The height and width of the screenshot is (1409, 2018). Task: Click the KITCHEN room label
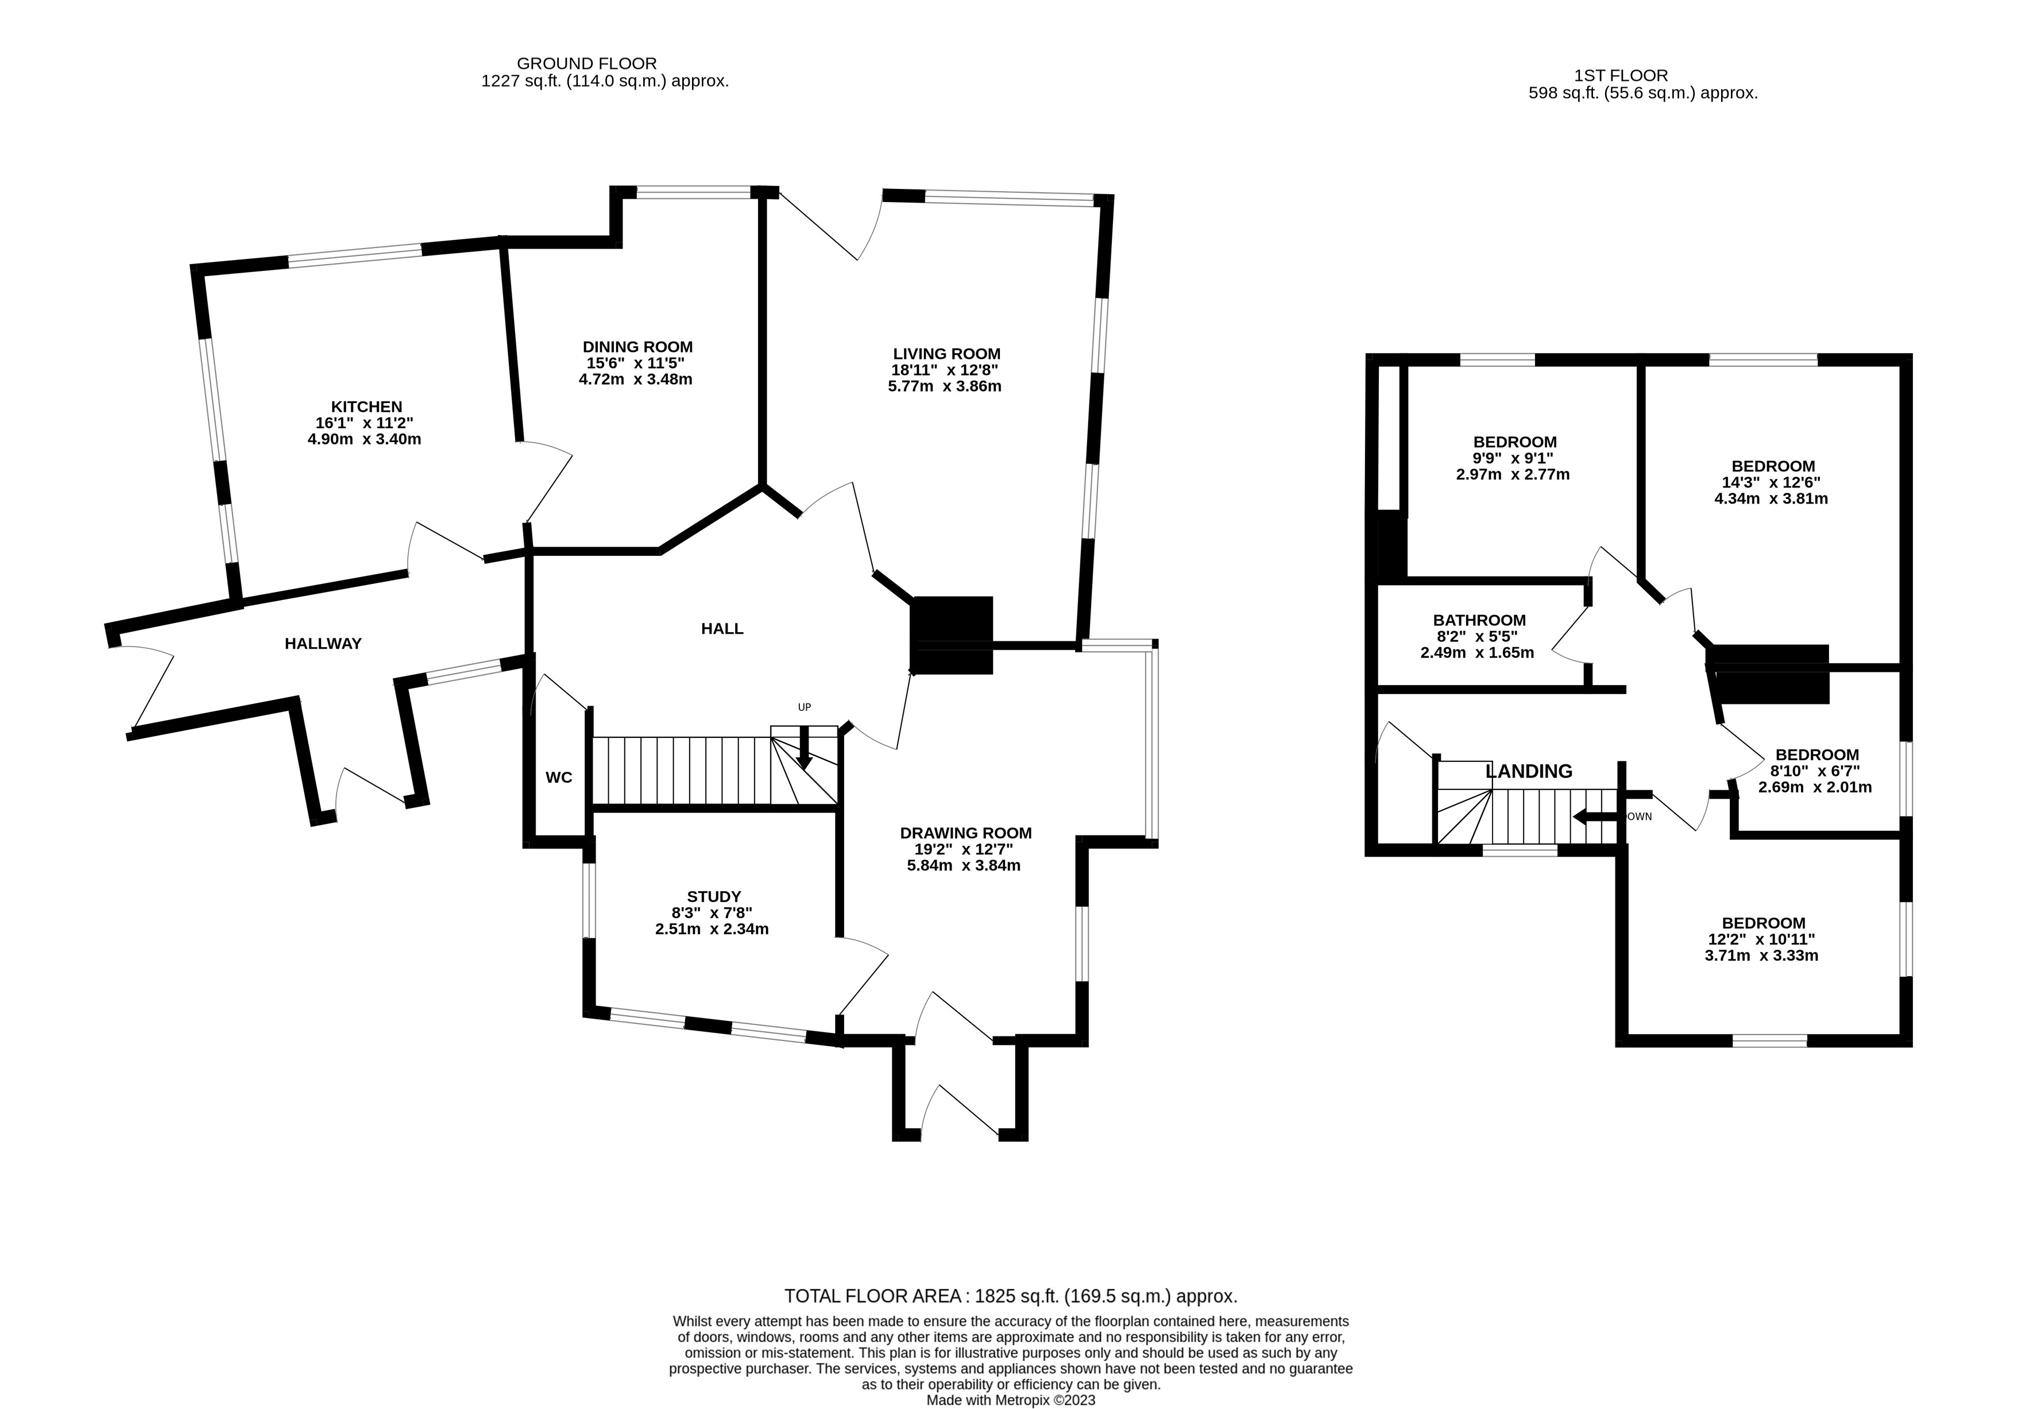pyautogui.click(x=366, y=407)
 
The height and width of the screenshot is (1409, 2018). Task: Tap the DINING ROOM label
pyautogui.click(x=637, y=347)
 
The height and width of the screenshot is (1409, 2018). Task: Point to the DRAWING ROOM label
pyautogui.click(x=966, y=833)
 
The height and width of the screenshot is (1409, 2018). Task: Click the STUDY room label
pyautogui.click(x=714, y=896)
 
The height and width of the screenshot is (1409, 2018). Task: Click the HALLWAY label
pyautogui.click(x=323, y=644)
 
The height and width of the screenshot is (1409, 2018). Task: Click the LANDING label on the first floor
pyautogui.click(x=1529, y=772)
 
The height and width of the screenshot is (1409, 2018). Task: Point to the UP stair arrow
pyautogui.click(x=803, y=747)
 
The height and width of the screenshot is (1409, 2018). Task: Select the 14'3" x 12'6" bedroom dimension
pyautogui.click(x=1771, y=482)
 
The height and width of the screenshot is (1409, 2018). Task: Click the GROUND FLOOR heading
pyautogui.click(x=586, y=63)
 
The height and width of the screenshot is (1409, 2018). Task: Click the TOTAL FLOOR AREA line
pyautogui.click(x=1011, y=1296)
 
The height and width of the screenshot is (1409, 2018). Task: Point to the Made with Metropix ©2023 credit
pyautogui.click(x=1011, y=1401)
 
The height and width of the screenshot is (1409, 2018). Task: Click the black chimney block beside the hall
pyautogui.click(x=953, y=634)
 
